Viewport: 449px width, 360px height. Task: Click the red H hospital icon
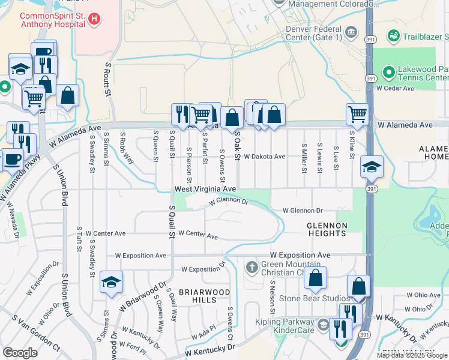[x=94, y=19]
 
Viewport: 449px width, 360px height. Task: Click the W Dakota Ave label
[x=264, y=156]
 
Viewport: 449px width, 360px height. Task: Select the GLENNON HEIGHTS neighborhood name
[x=327, y=230]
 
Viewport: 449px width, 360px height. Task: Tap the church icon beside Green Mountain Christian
[x=252, y=266]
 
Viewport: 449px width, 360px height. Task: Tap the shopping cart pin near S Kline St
[x=357, y=113]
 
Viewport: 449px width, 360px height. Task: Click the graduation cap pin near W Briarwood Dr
[x=112, y=284]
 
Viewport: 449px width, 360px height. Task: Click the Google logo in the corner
[x=20, y=353]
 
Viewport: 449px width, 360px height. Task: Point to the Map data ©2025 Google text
[x=412, y=355]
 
